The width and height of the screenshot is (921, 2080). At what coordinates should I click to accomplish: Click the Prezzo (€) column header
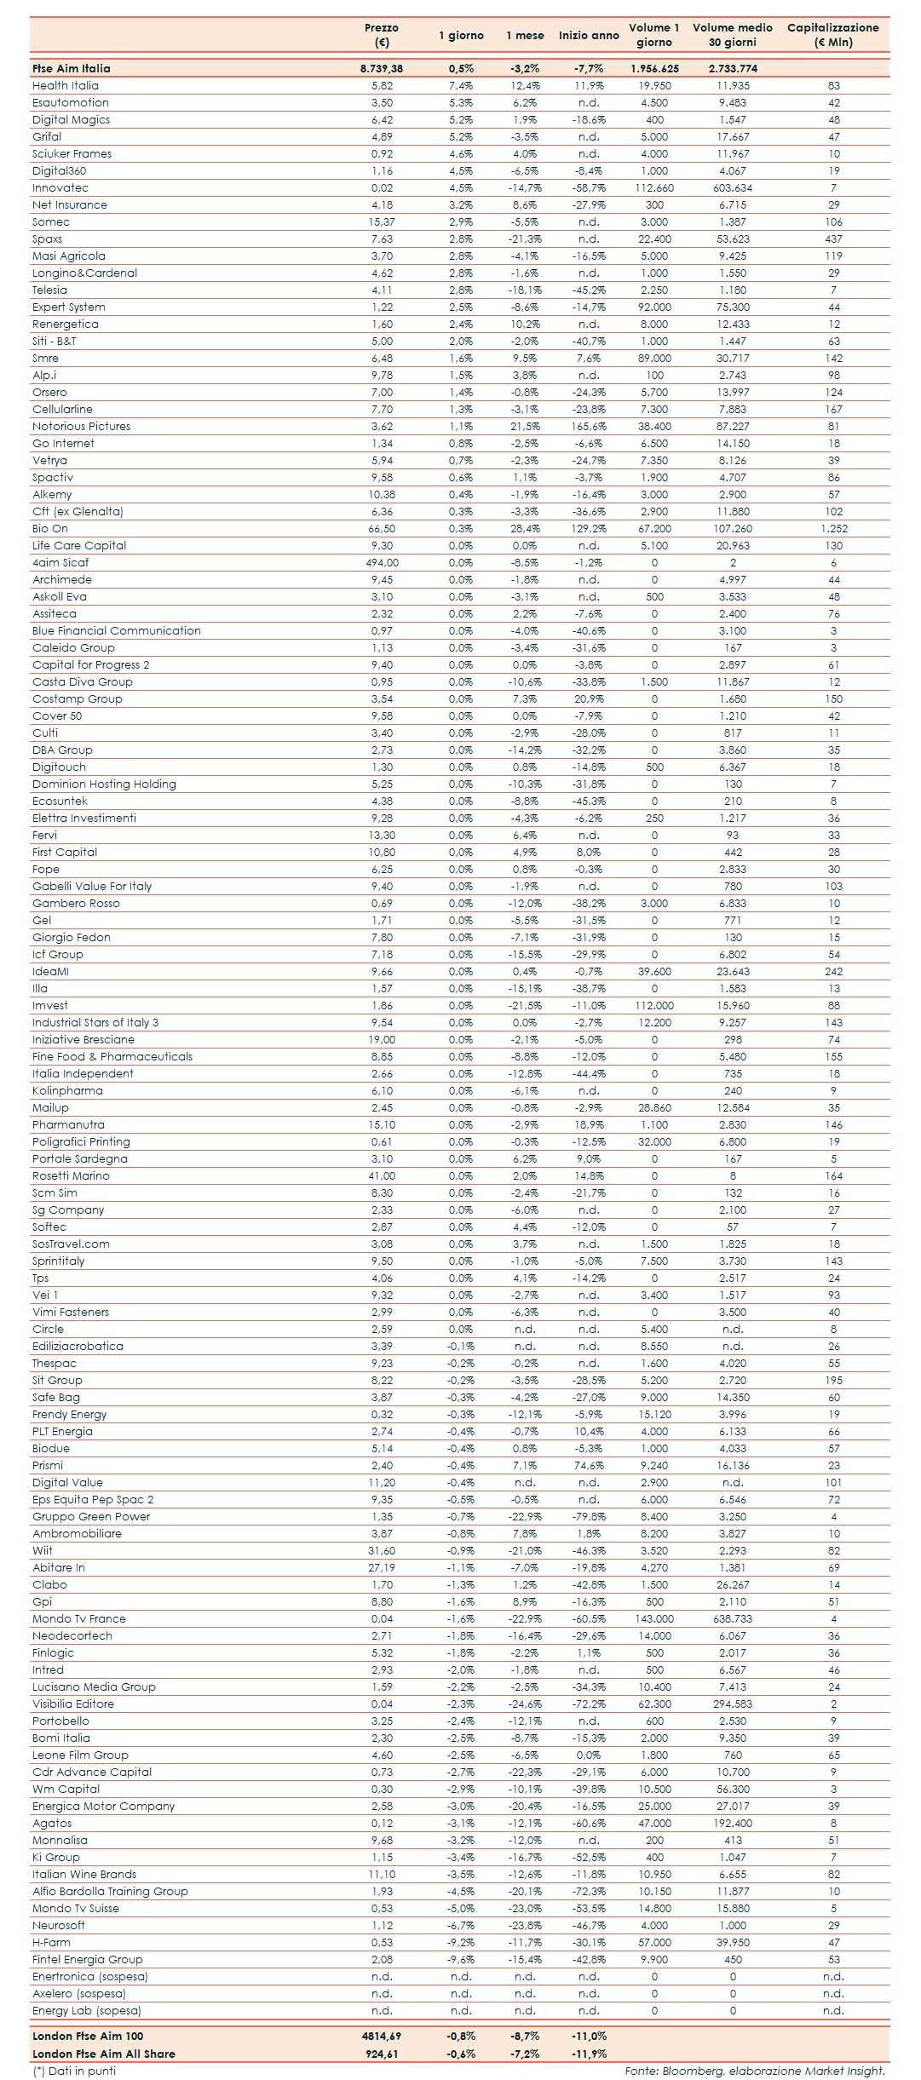381,35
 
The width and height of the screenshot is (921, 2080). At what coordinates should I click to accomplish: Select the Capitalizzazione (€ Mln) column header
832,35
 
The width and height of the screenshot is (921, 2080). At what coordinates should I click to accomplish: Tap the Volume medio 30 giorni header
732,35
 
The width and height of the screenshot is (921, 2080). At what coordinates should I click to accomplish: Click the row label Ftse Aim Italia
72,68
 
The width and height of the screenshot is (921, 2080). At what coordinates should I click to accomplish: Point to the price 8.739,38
381,68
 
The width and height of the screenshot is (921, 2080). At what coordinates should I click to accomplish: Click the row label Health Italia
66,85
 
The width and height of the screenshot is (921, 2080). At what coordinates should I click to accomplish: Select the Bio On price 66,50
382,528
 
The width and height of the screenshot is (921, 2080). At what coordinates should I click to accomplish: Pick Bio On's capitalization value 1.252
833,528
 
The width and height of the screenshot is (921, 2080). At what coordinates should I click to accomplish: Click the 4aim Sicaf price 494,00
382,562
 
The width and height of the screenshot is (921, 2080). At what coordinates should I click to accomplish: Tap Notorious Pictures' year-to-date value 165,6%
589,426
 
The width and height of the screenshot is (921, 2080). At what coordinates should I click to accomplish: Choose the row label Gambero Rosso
76,903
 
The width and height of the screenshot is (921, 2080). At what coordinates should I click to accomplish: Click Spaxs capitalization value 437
833,238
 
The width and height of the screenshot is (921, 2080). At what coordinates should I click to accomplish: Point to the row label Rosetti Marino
71,1175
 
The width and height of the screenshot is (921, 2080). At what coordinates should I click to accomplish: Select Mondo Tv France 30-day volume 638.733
732,1618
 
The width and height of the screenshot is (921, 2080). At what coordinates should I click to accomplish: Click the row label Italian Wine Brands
84,1874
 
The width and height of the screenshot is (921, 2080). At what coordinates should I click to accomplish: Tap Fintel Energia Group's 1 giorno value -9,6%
461,1959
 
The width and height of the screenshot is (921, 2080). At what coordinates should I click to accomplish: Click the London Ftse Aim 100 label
88,2036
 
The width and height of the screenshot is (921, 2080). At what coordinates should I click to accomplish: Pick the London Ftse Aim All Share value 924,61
381,2054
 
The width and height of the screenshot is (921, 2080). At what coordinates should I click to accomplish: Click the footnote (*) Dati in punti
74,2071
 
